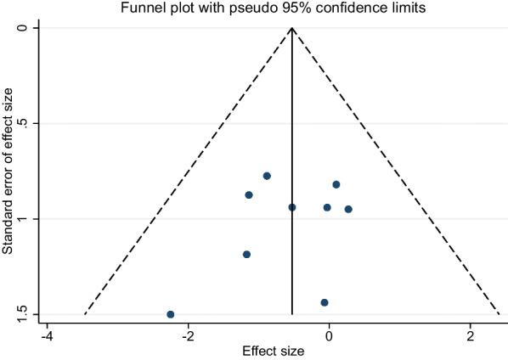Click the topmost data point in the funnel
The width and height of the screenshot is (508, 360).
267,176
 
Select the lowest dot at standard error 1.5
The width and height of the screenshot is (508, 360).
171,314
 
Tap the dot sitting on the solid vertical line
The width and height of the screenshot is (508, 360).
292,207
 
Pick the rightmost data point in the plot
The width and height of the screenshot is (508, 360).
348,209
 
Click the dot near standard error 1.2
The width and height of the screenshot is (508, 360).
246,254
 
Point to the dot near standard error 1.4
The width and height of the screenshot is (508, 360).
325,302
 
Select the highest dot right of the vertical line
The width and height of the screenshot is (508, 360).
336,184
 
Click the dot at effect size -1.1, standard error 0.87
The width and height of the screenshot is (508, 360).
249,194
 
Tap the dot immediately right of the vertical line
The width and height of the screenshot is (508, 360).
327,207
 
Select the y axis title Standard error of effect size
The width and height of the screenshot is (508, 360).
8,170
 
